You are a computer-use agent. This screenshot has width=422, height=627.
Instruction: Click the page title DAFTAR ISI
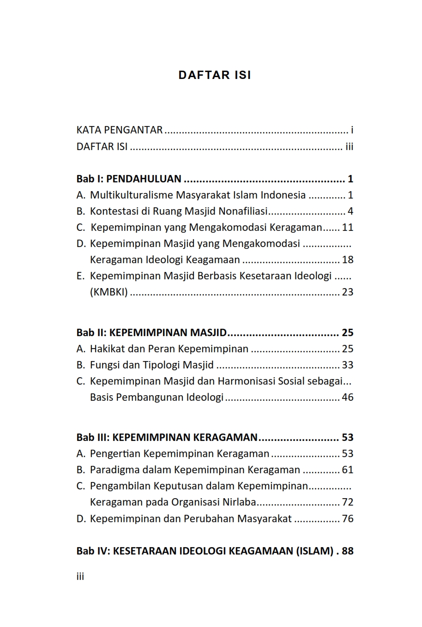pos(215,75)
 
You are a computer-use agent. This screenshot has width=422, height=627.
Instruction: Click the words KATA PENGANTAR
pos(120,130)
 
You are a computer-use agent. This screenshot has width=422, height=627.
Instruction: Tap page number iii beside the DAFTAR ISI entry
pos(349,147)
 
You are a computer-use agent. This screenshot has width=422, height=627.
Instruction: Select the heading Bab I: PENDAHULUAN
pos(129,179)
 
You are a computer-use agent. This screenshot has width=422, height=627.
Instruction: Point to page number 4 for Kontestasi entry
pos(350,211)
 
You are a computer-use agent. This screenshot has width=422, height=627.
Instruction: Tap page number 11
pos(347,228)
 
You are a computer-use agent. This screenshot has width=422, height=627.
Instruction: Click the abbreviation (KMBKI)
pos(109,292)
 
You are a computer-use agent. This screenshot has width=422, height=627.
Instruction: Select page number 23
pos(347,292)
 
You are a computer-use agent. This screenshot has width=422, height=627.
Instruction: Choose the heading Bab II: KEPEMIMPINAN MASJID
pos(152,333)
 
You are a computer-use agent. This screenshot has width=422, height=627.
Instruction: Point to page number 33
pos(347,365)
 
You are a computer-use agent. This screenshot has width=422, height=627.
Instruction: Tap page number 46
pos(347,398)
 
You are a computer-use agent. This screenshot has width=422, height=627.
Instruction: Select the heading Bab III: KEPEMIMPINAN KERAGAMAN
pos(167,438)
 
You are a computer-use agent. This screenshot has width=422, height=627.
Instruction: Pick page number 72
pos(347,502)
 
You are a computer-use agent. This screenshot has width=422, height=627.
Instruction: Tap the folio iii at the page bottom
pos(80,576)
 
